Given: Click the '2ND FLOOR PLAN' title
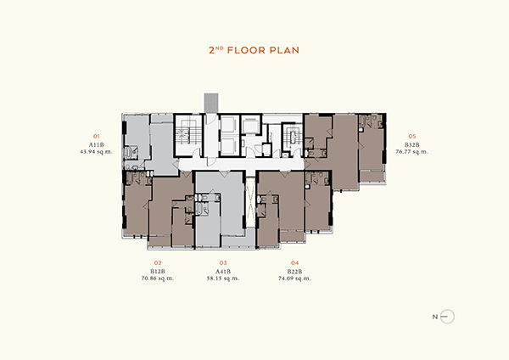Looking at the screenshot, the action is click(254, 50).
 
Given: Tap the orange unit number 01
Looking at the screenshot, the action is click(97, 136).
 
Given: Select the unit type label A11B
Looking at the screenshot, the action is click(97, 145).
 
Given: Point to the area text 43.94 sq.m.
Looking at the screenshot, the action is click(97, 151).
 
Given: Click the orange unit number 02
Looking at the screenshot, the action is click(158, 263).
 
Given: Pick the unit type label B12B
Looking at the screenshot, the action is click(158, 272).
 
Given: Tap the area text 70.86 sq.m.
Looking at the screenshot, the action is click(158, 278).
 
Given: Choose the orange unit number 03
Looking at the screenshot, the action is click(223, 263).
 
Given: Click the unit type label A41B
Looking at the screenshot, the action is click(223, 272).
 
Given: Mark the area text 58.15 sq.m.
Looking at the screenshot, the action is click(223, 278).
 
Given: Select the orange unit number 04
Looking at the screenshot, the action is click(294, 263).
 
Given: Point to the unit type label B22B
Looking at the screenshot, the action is click(294, 272).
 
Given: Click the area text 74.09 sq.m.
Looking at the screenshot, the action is click(294, 278).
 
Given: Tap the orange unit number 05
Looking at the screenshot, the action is click(412, 136).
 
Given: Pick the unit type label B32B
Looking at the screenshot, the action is click(412, 145).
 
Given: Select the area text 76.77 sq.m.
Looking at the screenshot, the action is click(412, 151).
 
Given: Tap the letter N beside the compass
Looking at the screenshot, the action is click(435, 317).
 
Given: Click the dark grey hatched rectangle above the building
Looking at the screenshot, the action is click(211, 103).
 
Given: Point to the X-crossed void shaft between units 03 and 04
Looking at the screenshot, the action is click(250, 201).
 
